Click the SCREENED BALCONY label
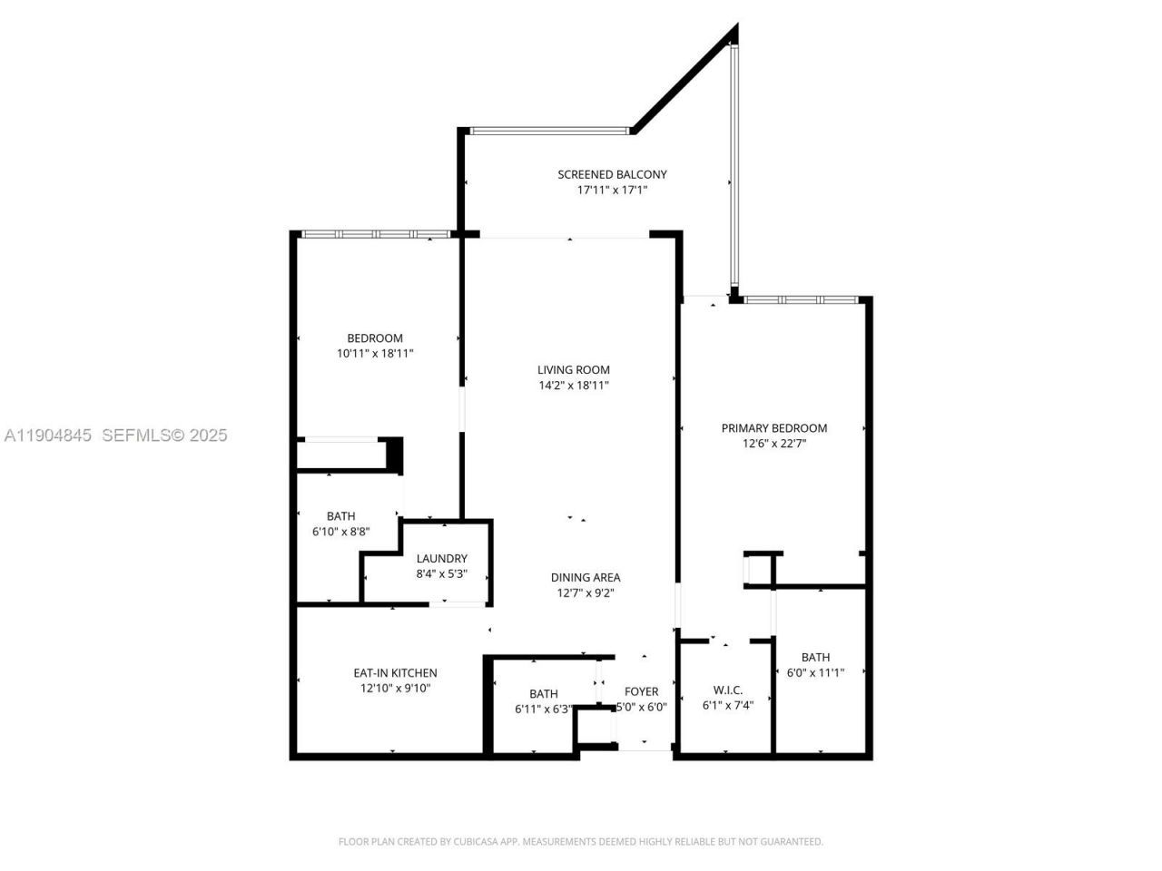tap(612, 174)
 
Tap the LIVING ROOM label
tap(573, 369)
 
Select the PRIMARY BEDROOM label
tap(773, 428)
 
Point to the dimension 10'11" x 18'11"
tap(375, 354)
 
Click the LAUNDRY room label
tap(441, 559)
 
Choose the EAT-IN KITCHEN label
tap(395, 673)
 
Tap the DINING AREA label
tap(586, 577)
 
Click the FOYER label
tap(641, 691)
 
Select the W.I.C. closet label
tap(723, 690)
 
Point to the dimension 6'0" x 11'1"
tap(815, 673)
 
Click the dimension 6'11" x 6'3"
tap(544, 709)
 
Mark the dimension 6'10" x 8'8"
tap(340, 532)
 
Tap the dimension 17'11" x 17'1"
tap(612, 191)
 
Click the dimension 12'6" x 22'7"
tap(773, 445)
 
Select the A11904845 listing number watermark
tap(48, 435)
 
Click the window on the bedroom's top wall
tap(375, 234)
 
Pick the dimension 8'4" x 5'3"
tap(441, 574)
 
